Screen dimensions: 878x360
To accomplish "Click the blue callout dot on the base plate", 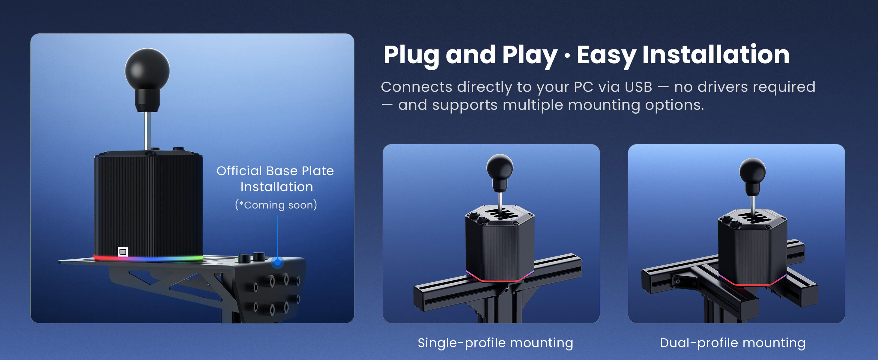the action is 277,262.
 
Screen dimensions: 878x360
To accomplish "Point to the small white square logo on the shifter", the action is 123,252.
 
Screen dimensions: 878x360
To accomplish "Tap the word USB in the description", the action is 638,87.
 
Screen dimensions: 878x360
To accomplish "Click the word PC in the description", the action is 584,87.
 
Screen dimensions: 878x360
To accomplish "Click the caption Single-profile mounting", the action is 495,343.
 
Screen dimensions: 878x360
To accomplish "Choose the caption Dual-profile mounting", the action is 733,343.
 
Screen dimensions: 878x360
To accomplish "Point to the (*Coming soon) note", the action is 276,205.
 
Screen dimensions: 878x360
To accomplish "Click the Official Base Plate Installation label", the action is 275,178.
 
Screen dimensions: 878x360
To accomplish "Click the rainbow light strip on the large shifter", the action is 148,259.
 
